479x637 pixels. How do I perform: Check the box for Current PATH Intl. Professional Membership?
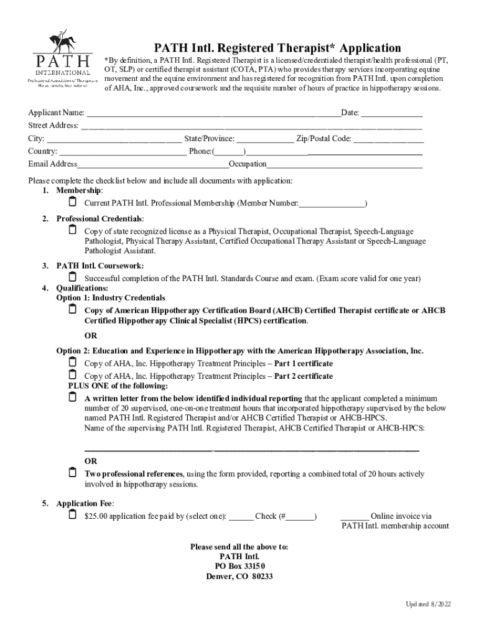point(72,203)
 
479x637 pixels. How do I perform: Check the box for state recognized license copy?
point(72,230)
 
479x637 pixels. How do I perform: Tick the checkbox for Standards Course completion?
point(72,277)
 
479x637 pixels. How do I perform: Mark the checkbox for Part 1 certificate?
point(72,362)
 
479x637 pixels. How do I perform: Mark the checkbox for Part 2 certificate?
point(72,375)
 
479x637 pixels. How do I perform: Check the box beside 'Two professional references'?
point(72,473)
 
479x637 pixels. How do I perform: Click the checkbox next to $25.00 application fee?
point(72,515)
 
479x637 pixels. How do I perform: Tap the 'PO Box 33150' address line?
point(240,566)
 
